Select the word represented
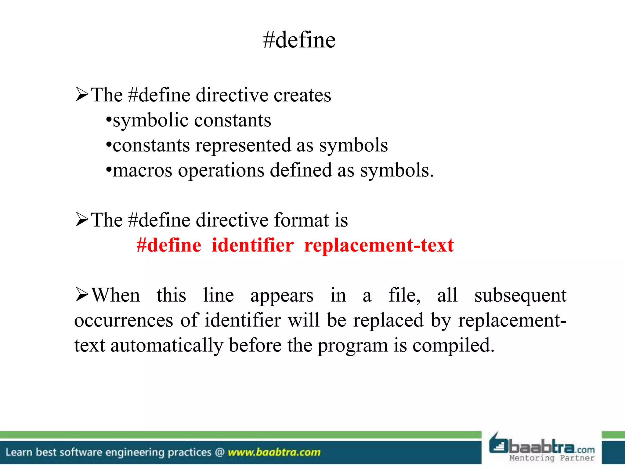[243, 145]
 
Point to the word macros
[142, 171]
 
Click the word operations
[221, 171]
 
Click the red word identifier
[253, 245]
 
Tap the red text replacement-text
[379, 245]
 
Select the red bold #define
[169, 245]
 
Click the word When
[116, 295]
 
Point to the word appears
[282, 296]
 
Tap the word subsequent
[520, 296]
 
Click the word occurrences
[124, 321]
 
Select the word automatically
[166, 346]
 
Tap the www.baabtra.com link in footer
[274, 452]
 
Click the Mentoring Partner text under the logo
[552, 458]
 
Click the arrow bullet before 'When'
[82, 295]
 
